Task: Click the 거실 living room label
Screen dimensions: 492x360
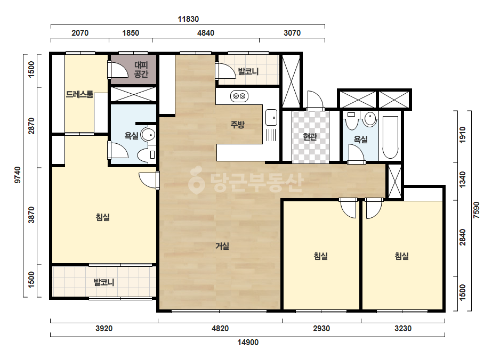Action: coord(222,246)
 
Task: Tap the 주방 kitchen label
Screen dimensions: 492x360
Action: coord(237,125)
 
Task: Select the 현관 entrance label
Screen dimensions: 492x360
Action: coord(310,137)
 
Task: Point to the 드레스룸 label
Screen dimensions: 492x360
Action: coord(79,94)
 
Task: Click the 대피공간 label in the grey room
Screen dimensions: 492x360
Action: coord(141,70)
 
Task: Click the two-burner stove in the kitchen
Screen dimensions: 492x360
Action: coord(239,96)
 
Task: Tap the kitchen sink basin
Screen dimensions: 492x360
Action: coord(271,118)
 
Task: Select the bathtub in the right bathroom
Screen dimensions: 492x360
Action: coord(390,137)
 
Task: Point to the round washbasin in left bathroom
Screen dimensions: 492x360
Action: coord(148,135)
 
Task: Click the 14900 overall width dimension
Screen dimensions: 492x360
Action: coord(248,342)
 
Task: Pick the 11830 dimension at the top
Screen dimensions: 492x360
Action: coord(188,19)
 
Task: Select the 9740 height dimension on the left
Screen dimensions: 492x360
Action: coord(18,175)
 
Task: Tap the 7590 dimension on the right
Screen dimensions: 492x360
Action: coord(477,210)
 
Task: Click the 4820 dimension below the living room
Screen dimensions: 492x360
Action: coord(220,329)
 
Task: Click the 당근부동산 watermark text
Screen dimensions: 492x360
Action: coord(246,182)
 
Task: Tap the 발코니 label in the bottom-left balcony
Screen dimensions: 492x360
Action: coord(104,282)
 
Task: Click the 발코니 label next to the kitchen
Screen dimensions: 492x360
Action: coord(248,71)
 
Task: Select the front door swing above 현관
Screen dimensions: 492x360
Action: coord(316,100)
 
